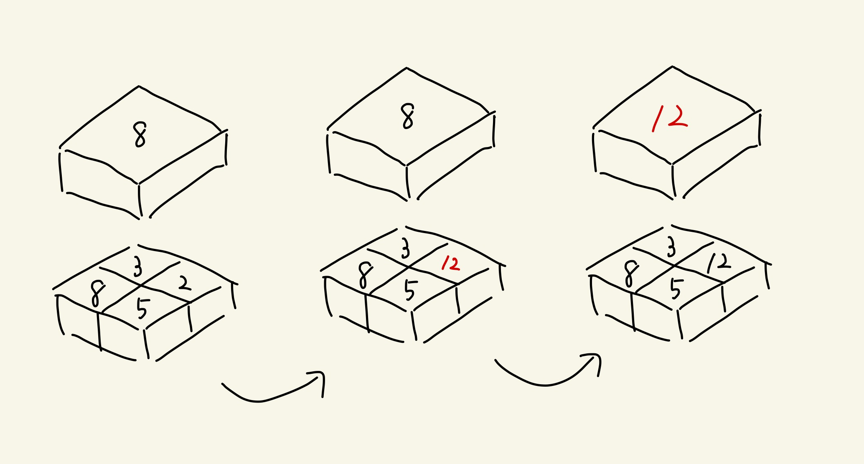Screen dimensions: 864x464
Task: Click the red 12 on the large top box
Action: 670,118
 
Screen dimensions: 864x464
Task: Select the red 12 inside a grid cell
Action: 451,264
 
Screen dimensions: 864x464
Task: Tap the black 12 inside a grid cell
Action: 719,263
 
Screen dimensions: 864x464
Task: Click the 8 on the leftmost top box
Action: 140,134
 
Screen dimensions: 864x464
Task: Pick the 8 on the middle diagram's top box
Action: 407,116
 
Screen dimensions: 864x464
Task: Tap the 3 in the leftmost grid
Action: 137,267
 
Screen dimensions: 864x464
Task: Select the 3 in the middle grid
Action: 405,248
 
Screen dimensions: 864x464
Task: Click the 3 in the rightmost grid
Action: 671,247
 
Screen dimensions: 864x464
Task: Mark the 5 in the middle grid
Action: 410,290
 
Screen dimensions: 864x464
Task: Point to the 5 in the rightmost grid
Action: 676,289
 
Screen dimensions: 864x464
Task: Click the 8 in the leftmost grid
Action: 97,294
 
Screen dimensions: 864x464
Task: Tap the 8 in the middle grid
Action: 365,275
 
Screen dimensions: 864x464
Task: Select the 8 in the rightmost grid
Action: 631,274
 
